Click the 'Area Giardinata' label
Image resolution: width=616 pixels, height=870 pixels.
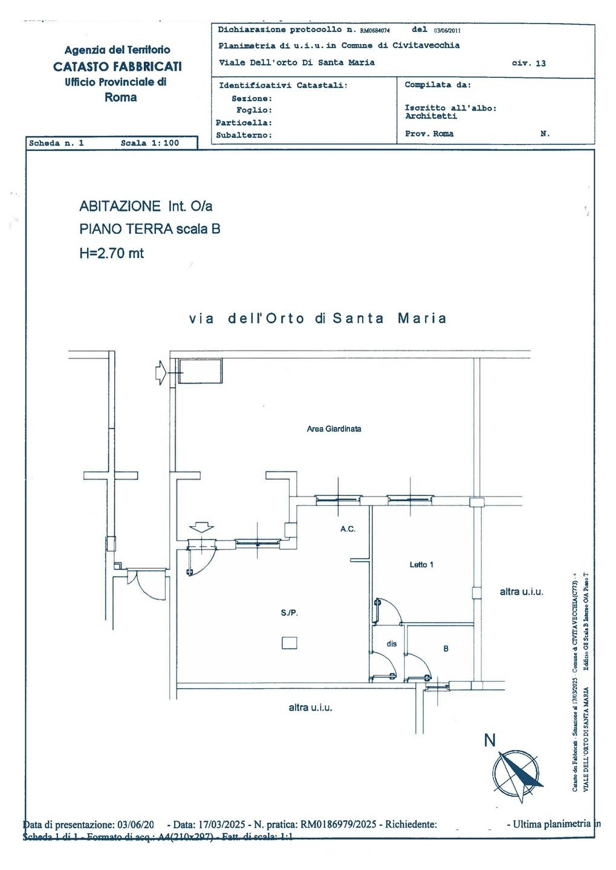coord(334,429)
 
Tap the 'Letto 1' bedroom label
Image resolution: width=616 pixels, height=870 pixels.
coord(421,565)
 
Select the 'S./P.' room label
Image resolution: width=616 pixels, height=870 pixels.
coord(289,613)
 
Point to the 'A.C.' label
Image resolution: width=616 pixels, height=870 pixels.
coord(348,529)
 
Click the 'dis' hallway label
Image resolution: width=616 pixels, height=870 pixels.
coord(392,644)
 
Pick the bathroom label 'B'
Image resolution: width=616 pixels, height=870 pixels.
coord(446,649)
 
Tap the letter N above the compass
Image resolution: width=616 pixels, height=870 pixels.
coord(490,740)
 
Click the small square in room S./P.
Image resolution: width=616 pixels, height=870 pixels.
coord(290,643)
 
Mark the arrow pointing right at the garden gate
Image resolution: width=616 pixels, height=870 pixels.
coord(161,372)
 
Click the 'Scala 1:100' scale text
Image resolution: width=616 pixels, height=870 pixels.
coord(150,143)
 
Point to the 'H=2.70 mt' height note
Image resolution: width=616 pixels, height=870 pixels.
coord(111,253)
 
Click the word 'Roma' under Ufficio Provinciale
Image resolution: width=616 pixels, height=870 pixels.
coord(120,97)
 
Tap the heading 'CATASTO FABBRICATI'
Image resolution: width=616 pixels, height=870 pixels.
coord(117,66)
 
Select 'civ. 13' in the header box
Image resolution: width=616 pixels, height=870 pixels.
coord(528,63)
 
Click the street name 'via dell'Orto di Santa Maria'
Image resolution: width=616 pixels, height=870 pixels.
coord(318,318)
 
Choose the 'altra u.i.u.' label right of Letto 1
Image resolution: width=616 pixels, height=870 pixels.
coord(521,591)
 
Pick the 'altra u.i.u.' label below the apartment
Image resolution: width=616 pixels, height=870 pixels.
coord(310,707)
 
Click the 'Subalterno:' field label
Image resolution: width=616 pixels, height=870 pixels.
coord(244,135)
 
